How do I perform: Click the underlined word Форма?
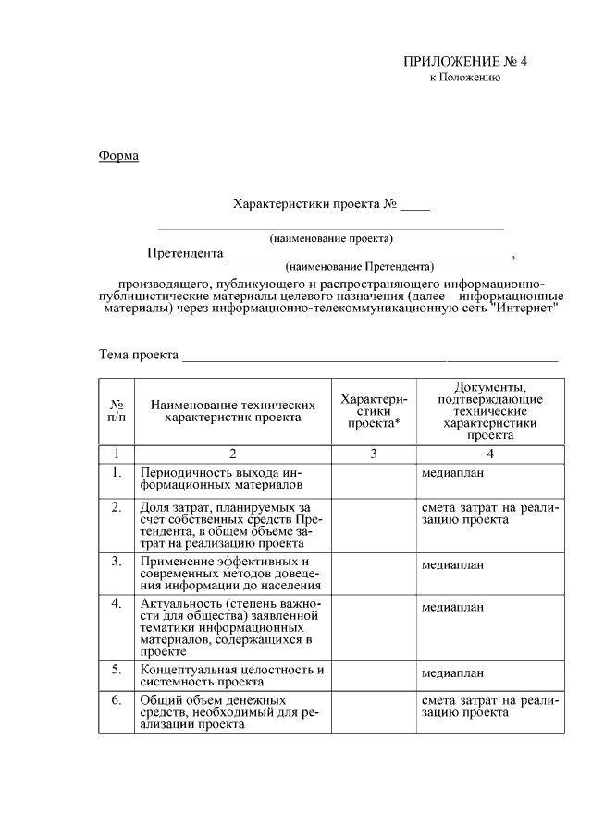pyautogui.click(x=118, y=155)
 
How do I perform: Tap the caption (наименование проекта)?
pyautogui.click(x=331, y=238)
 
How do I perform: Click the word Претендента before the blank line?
pyautogui.click(x=185, y=253)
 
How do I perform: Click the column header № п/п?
pyautogui.click(x=117, y=411)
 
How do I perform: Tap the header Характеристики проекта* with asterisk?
pyautogui.click(x=373, y=410)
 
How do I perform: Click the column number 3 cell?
pyautogui.click(x=373, y=454)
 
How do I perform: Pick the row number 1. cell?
pyautogui.click(x=117, y=473)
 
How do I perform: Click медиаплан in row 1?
pyautogui.click(x=453, y=473)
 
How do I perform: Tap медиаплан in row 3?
pyautogui.click(x=453, y=564)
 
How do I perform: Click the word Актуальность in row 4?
pyautogui.click(x=179, y=603)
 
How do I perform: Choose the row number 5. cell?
pyautogui.click(x=117, y=669)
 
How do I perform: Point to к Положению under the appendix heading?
pyautogui.click(x=465, y=79)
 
